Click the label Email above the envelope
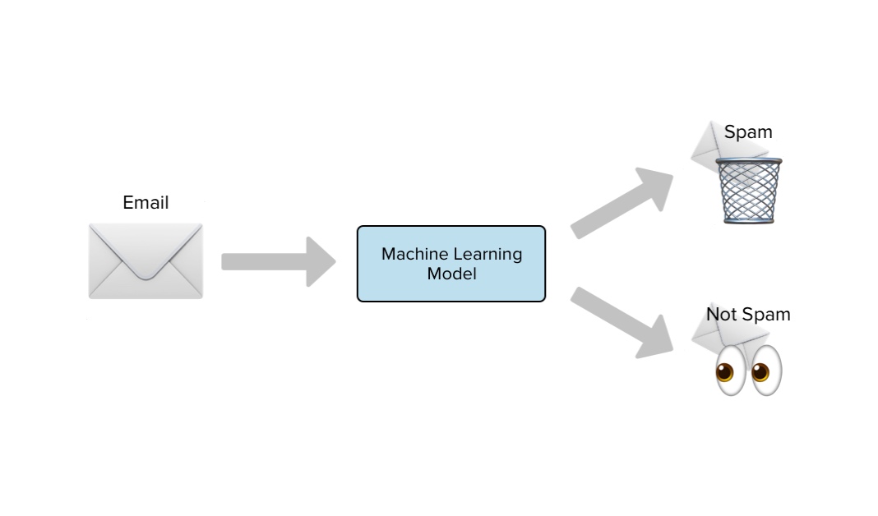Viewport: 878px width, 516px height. coord(146,203)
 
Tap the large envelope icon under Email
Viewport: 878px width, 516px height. coord(146,260)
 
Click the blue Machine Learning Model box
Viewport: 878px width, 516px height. coord(451,264)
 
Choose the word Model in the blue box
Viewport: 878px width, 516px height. coord(451,274)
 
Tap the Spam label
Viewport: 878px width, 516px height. coord(748,132)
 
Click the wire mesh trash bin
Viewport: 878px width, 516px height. coord(748,193)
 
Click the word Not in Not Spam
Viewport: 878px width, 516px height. coord(721,315)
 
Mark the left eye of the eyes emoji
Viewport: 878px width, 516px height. coord(724,371)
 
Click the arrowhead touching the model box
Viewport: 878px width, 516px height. coord(321,261)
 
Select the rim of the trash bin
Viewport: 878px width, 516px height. coord(748,163)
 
